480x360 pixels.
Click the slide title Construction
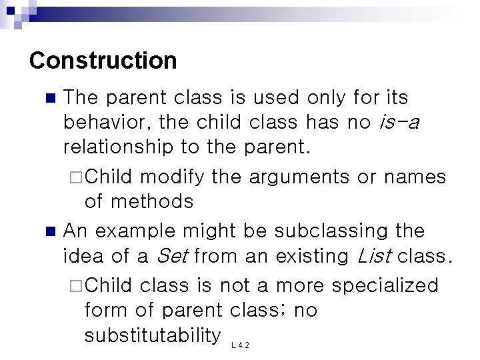(x=103, y=61)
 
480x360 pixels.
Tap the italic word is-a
(x=397, y=123)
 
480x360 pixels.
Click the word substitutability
(x=153, y=335)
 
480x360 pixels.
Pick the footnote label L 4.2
(x=240, y=345)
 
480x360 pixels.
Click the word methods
(x=151, y=201)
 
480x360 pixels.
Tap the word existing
(x=311, y=256)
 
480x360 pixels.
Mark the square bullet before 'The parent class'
(x=48, y=99)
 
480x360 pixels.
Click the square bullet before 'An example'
(x=48, y=232)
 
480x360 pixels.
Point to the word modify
(x=171, y=177)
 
